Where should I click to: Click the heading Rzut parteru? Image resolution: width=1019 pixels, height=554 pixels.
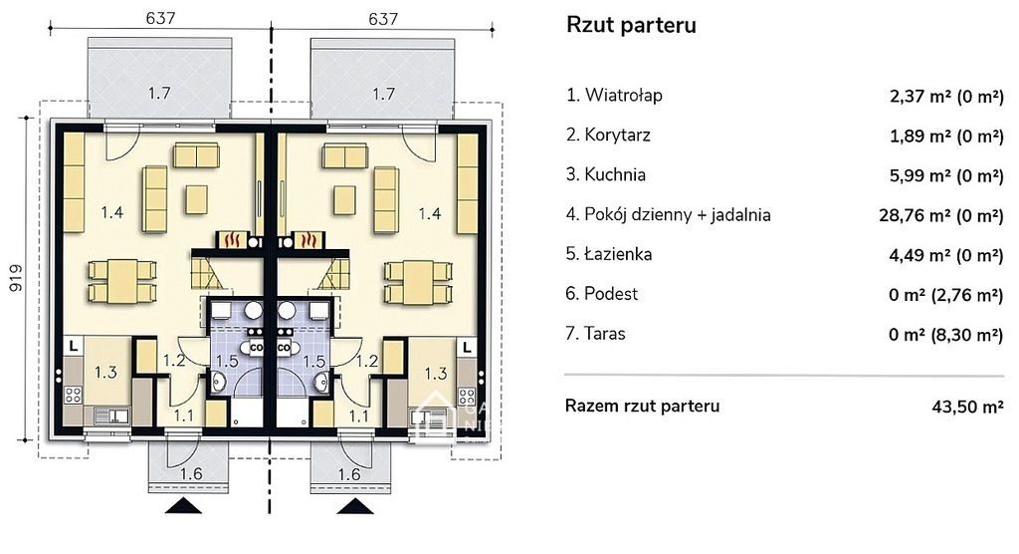pyautogui.click(x=631, y=26)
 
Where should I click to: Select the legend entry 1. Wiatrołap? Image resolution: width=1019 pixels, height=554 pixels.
pyautogui.click(x=614, y=96)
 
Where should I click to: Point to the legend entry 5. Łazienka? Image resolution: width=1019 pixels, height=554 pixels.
pyautogui.click(x=609, y=254)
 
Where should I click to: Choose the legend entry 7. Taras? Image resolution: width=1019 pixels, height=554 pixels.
pyautogui.click(x=596, y=333)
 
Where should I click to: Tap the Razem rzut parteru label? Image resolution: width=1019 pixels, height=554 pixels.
pyautogui.click(x=642, y=406)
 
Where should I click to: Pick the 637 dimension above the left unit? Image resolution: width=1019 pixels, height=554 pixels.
pyautogui.click(x=158, y=18)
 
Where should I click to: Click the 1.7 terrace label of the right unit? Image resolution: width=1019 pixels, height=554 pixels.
pyautogui.click(x=383, y=95)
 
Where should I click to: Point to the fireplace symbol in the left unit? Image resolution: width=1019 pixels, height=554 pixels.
pyautogui.click(x=233, y=240)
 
